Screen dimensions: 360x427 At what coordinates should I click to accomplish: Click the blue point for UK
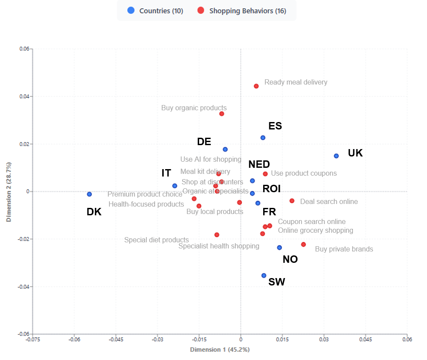[336, 156]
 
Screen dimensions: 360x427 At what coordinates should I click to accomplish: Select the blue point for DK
[89, 194]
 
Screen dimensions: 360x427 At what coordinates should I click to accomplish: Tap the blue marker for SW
[264, 275]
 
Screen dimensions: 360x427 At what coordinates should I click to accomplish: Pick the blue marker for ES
[263, 138]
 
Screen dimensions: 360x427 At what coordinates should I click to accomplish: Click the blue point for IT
[175, 186]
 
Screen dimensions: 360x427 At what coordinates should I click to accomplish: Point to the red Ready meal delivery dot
[256, 86]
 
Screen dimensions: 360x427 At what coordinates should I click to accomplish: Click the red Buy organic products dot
[222, 114]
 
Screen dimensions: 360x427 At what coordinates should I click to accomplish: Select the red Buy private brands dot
[303, 245]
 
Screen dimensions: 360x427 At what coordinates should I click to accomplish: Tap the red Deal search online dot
[292, 201]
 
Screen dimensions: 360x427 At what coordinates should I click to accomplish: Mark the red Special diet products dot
[217, 235]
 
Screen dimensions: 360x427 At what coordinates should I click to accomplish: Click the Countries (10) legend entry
[155, 11]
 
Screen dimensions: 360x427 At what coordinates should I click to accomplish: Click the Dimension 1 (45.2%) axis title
[220, 350]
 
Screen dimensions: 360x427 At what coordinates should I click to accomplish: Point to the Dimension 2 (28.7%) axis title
[9, 192]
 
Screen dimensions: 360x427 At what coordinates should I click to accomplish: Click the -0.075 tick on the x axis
[33, 339]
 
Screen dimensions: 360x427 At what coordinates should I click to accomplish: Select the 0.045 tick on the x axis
[365, 339]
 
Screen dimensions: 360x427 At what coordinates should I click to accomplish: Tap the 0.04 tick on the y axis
[24, 96]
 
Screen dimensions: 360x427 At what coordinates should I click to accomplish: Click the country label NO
[290, 259]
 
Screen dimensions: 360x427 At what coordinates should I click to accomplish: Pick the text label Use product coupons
[304, 173]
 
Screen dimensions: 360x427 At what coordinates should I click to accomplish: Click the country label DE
[204, 142]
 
